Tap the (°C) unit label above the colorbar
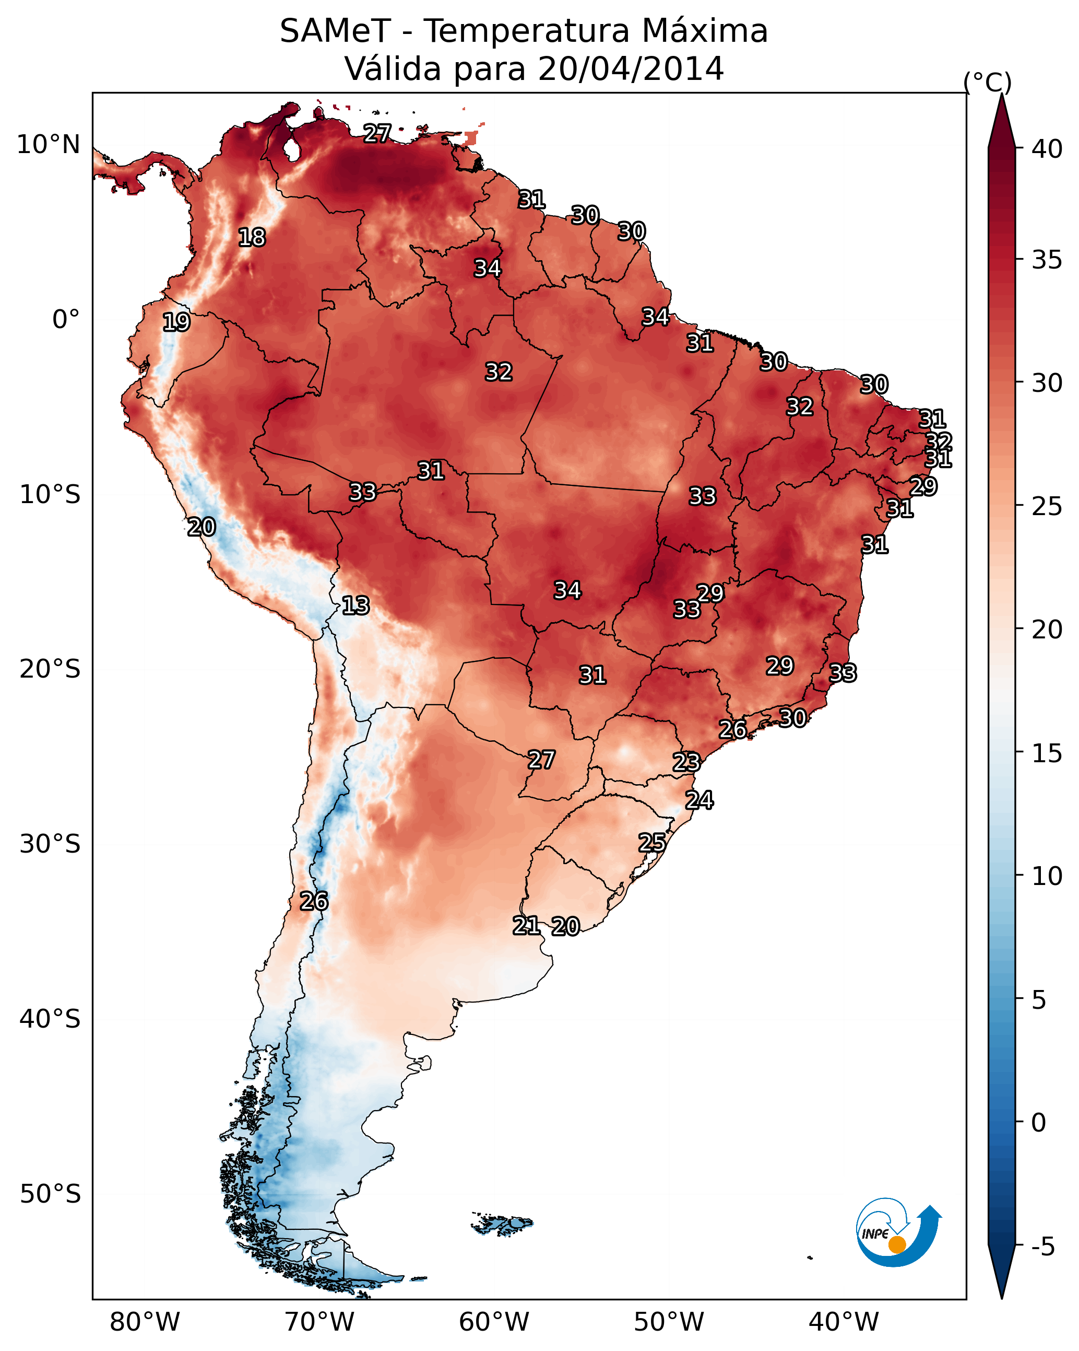point(988,82)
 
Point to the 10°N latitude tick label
point(48,145)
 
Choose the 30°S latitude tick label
point(50,844)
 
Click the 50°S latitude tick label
point(50,1194)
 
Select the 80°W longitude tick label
point(145,1322)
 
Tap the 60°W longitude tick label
point(494,1322)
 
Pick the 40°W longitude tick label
point(844,1322)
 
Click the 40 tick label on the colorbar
point(1047,149)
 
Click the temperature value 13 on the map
point(355,606)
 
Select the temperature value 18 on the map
point(252,238)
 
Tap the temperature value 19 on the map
point(176,322)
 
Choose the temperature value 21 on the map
point(526,926)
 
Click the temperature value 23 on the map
point(686,763)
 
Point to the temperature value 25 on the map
point(652,843)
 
